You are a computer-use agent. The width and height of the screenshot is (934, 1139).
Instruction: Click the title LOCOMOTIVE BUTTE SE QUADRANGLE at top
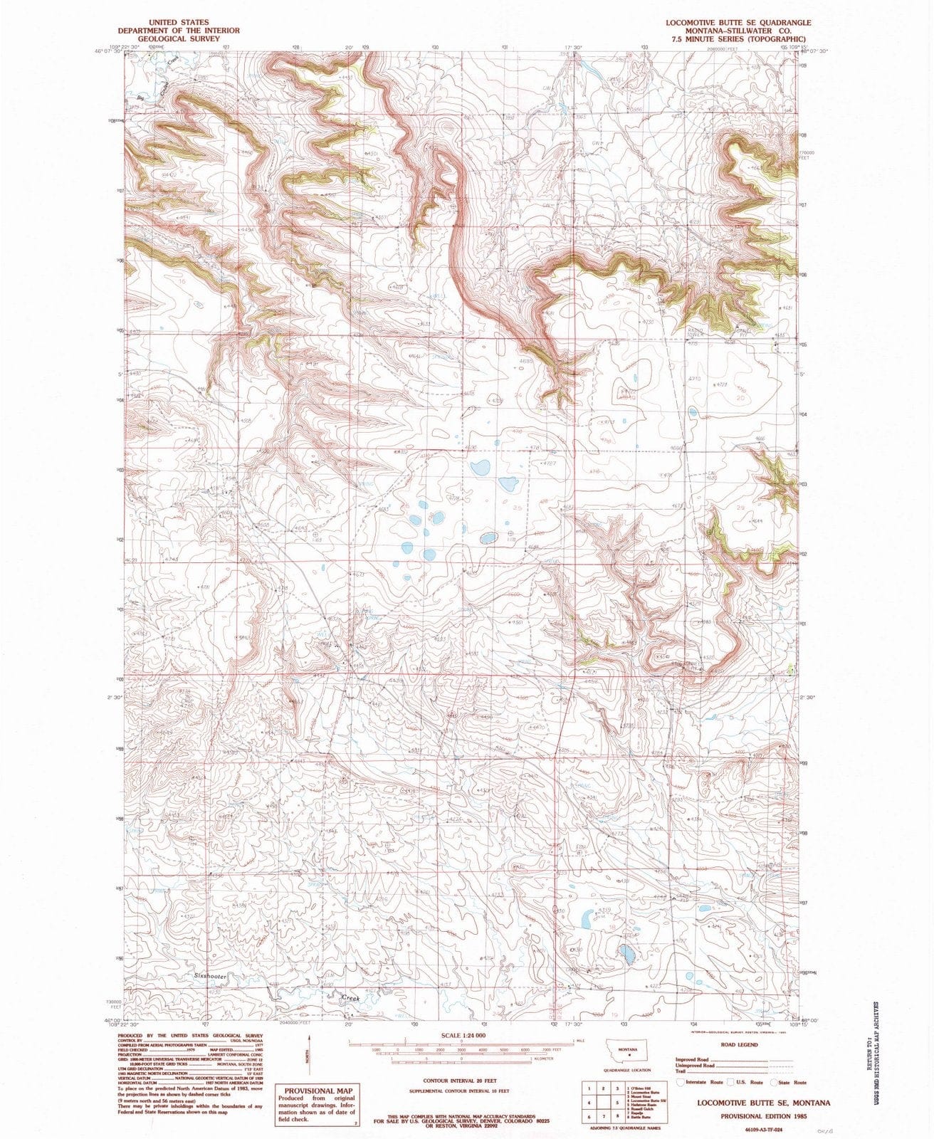click(x=738, y=22)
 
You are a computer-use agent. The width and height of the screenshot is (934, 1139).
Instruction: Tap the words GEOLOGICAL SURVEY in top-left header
click(x=179, y=39)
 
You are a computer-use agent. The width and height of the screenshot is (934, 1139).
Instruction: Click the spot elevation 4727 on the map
click(x=549, y=463)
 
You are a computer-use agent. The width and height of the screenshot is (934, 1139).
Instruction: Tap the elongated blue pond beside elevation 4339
click(x=588, y=920)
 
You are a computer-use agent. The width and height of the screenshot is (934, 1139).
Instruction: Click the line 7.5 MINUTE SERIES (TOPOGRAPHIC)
click(x=738, y=39)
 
